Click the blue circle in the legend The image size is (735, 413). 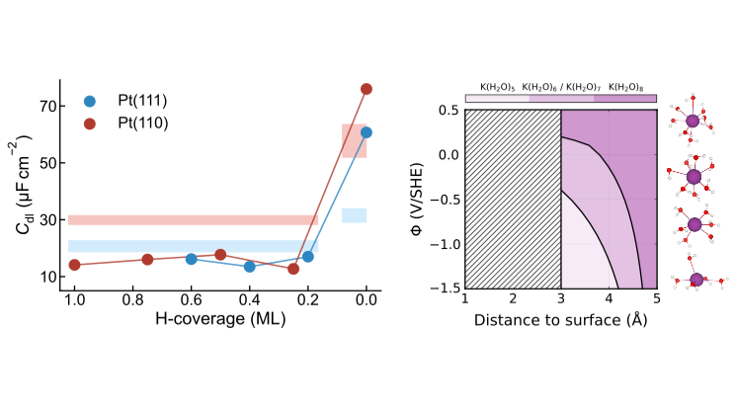click(90, 102)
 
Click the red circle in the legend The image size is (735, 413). click(90, 124)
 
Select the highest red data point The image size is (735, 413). click(367, 89)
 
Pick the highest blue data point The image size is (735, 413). click(367, 132)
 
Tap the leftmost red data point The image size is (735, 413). click(74, 265)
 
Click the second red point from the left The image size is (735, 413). click(147, 259)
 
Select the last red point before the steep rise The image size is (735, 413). click(293, 269)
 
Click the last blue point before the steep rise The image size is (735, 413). click(307, 257)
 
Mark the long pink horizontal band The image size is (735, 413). click(193, 219)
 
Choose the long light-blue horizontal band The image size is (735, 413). click(193, 246)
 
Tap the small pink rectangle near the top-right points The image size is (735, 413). click(354, 141)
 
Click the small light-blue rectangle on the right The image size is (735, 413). click(355, 215)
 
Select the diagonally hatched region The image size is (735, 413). click(513, 199)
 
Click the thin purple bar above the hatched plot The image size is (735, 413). click(560, 99)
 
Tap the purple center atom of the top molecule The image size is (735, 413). click(693, 121)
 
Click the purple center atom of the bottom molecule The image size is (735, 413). click(696, 279)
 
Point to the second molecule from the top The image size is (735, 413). click(694, 177)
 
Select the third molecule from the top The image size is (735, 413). click(694, 224)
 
